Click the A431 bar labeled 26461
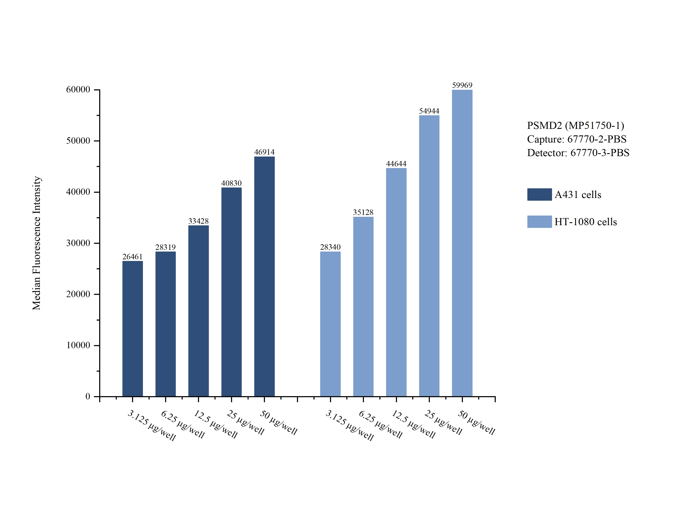[x=132, y=329]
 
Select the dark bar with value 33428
[x=198, y=311]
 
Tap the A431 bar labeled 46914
[x=264, y=276]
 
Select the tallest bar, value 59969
[x=462, y=243]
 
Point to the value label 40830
[x=231, y=183]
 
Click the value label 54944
[x=429, y=111]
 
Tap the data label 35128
[x=363, y=212]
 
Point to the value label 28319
[x=166, y=247]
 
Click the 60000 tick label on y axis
[x=78, y=90]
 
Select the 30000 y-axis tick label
[x=78, y=243]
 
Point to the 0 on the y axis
[x=88, y=396]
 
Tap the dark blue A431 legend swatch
[x=539, y=194]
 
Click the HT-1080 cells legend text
[x=586, y=222]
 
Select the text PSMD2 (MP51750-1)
[x=575, y=125]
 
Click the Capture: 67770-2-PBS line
[x=577, y=139]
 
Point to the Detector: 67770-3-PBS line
[x=578, y=153]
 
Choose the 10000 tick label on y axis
[x=78, y=345]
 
